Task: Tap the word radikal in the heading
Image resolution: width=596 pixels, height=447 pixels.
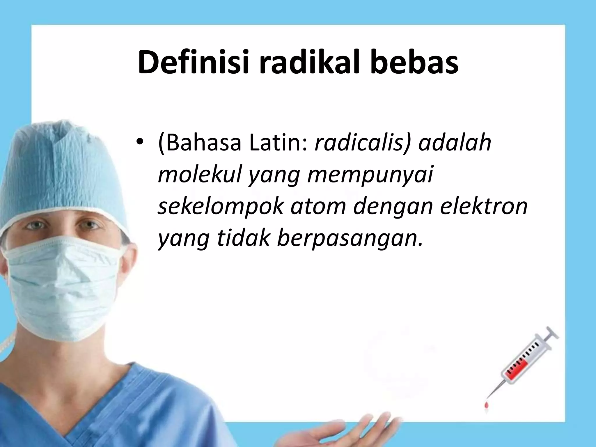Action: pos(308,63)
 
